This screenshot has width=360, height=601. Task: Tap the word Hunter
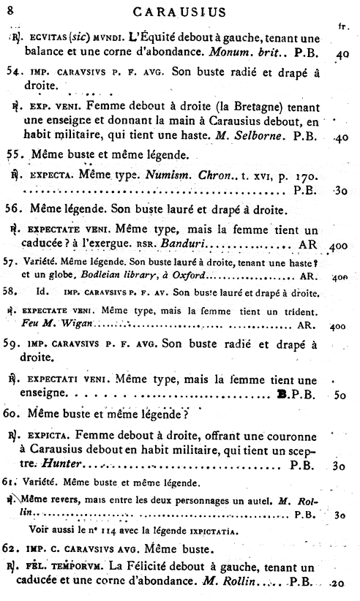61,464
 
